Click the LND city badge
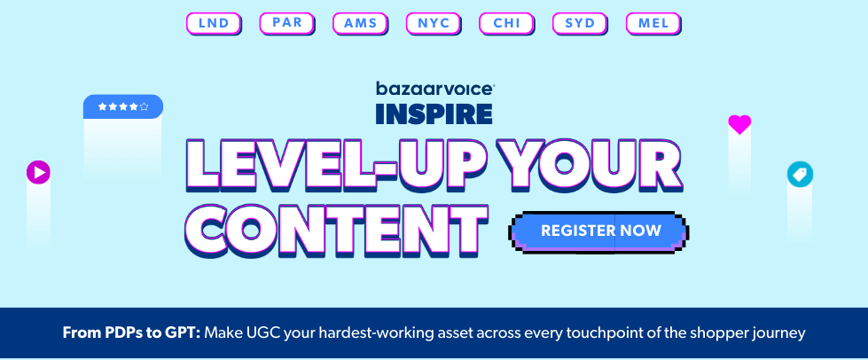pos(214,24)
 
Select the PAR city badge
pos(287,24)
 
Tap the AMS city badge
pos(360,24)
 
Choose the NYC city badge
pos(434,24)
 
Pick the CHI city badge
pos(506,24)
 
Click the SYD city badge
pos(580,24)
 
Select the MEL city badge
pos(653,24)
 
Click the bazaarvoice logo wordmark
pos(435,89)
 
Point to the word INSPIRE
pos(434,113)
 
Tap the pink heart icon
pos(739,124)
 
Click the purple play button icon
pos(38,172)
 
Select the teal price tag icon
pos(800,175)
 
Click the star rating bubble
pos(123,106)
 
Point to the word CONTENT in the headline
pos(337,231)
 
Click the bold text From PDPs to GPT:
pos(131,333)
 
